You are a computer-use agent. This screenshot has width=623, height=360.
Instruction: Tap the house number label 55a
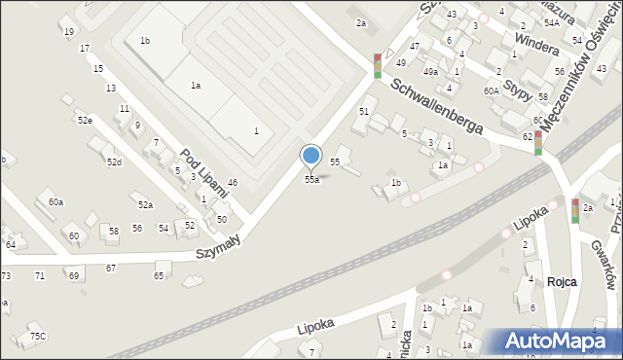point(311,180)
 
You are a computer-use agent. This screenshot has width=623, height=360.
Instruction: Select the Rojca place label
point(563,281)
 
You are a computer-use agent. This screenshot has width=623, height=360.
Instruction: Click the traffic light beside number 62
point(538,143)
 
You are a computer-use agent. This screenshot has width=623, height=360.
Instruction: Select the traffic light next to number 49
point(378,65)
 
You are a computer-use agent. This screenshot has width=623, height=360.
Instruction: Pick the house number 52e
point(86,121)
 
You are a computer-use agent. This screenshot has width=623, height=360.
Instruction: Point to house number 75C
point(37,336)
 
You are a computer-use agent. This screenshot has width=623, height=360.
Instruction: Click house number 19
point(68,32)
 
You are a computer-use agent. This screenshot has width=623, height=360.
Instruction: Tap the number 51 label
point(364,112)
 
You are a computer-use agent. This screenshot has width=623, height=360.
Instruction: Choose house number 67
point(111,268)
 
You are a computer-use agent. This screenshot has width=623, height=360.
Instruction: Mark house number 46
point(233,183)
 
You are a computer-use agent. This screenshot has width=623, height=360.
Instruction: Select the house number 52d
point(115,162)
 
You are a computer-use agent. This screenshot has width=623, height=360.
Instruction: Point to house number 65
point(159,275)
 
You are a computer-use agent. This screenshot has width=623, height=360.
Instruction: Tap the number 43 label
point(451,14)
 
